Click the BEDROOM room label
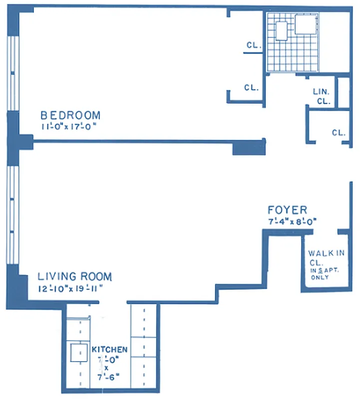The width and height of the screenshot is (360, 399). click(70, 115)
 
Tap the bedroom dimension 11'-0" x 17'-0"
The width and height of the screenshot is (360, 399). click(68, 126)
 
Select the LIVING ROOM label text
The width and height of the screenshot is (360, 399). click(75, 276)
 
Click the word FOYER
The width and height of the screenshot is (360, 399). click(287, 210)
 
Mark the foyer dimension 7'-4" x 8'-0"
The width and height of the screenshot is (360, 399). click(293, 221)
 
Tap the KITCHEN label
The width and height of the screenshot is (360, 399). click(109, 350)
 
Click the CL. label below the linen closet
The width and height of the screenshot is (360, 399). click(339, 133)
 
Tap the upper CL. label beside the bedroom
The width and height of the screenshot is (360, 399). click(254, 45)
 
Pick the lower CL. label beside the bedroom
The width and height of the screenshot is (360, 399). click(252, 87)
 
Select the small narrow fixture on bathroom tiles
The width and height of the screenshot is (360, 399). click(282, 30)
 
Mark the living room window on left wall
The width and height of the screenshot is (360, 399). click(13, 214)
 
